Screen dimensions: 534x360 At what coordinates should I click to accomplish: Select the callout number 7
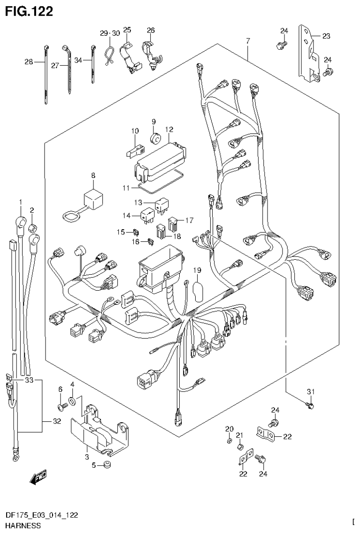click(247, 41)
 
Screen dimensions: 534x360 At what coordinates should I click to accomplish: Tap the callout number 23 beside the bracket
click(326, 35)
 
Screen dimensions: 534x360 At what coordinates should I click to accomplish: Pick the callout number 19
click(197, 270)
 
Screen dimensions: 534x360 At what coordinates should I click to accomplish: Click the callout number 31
click(310, 392)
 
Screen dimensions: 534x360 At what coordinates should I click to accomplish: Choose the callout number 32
click(57, 421)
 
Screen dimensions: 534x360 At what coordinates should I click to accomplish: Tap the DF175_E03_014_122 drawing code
click(41, 516)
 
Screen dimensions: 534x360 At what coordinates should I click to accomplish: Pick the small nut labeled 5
click(107, 465)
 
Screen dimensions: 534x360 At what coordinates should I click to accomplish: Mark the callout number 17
click(189, 219)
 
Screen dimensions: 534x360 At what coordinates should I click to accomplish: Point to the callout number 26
click(150, 31)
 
